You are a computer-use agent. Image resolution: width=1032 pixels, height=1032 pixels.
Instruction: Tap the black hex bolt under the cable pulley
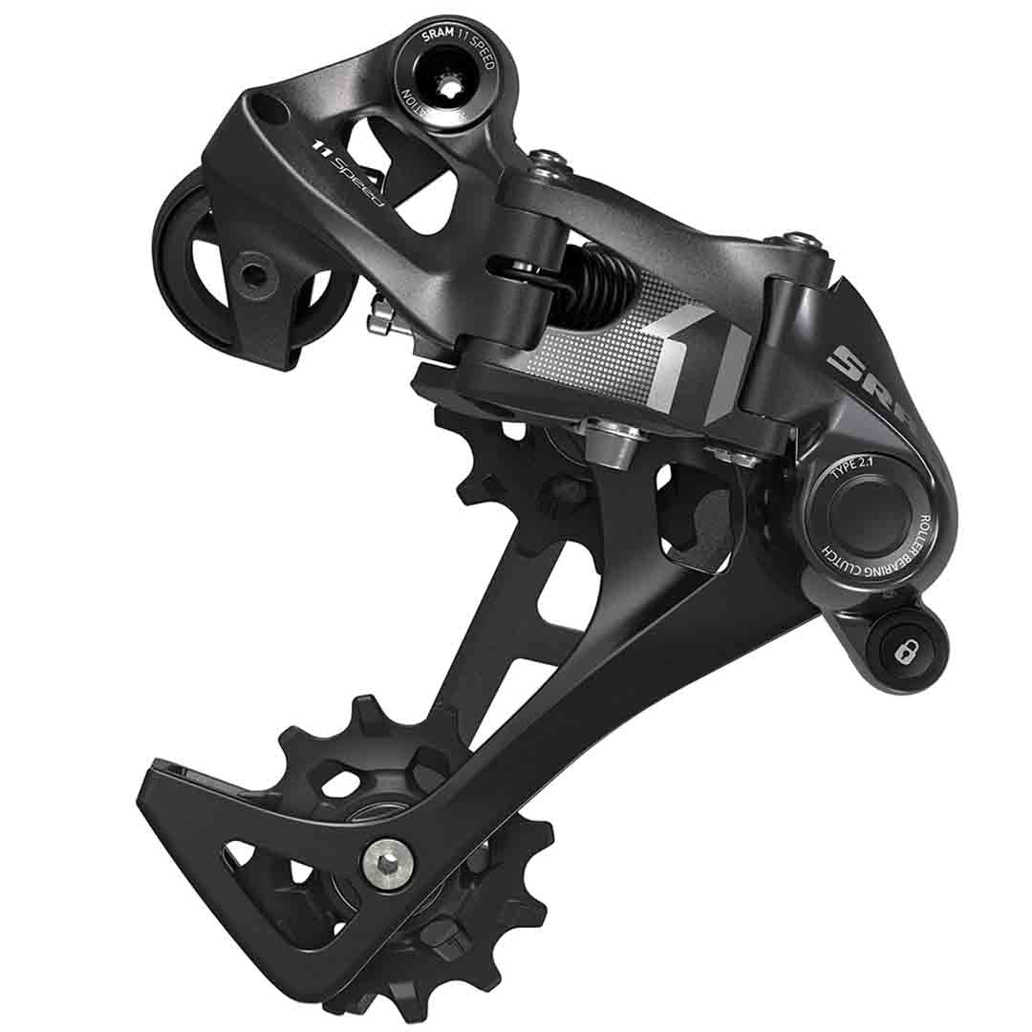(x=254, y=276)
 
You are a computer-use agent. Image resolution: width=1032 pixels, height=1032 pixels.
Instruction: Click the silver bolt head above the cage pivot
(x=610, y=439)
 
